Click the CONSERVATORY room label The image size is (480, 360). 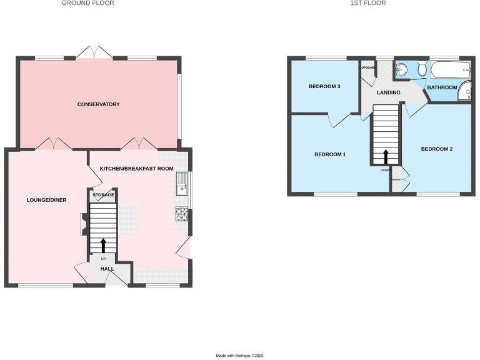pyautogui.click(x=98, y=104)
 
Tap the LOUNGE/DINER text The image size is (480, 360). pyautogui.click(x=46, y=200)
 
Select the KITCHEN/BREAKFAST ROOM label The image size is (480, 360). pyautogui.click(x=136, y=168)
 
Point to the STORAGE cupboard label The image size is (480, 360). pyautogui.click(x=104, y=195)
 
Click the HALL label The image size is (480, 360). pyautogui.click(x=107, y=269)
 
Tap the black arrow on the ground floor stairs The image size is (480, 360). pyautogui.click(x=104, y=244)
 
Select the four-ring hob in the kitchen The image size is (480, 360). pyautogui.click(x=182, y=214)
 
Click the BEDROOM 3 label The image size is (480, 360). pyautogui.click(x=324, y=86)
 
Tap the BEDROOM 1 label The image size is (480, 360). pyautogui.click(x=330, y=154)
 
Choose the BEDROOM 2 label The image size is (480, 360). pyautogui.click(x=436, y=149)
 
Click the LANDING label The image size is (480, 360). pyautogui.click(x=388, y=93)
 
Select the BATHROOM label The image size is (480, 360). pyautogui.click(x=442, y=87)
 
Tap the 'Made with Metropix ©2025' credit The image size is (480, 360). pyautogui.click(x=240, y=355)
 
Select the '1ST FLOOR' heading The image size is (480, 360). pyautogui.click(x=368, y=3)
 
